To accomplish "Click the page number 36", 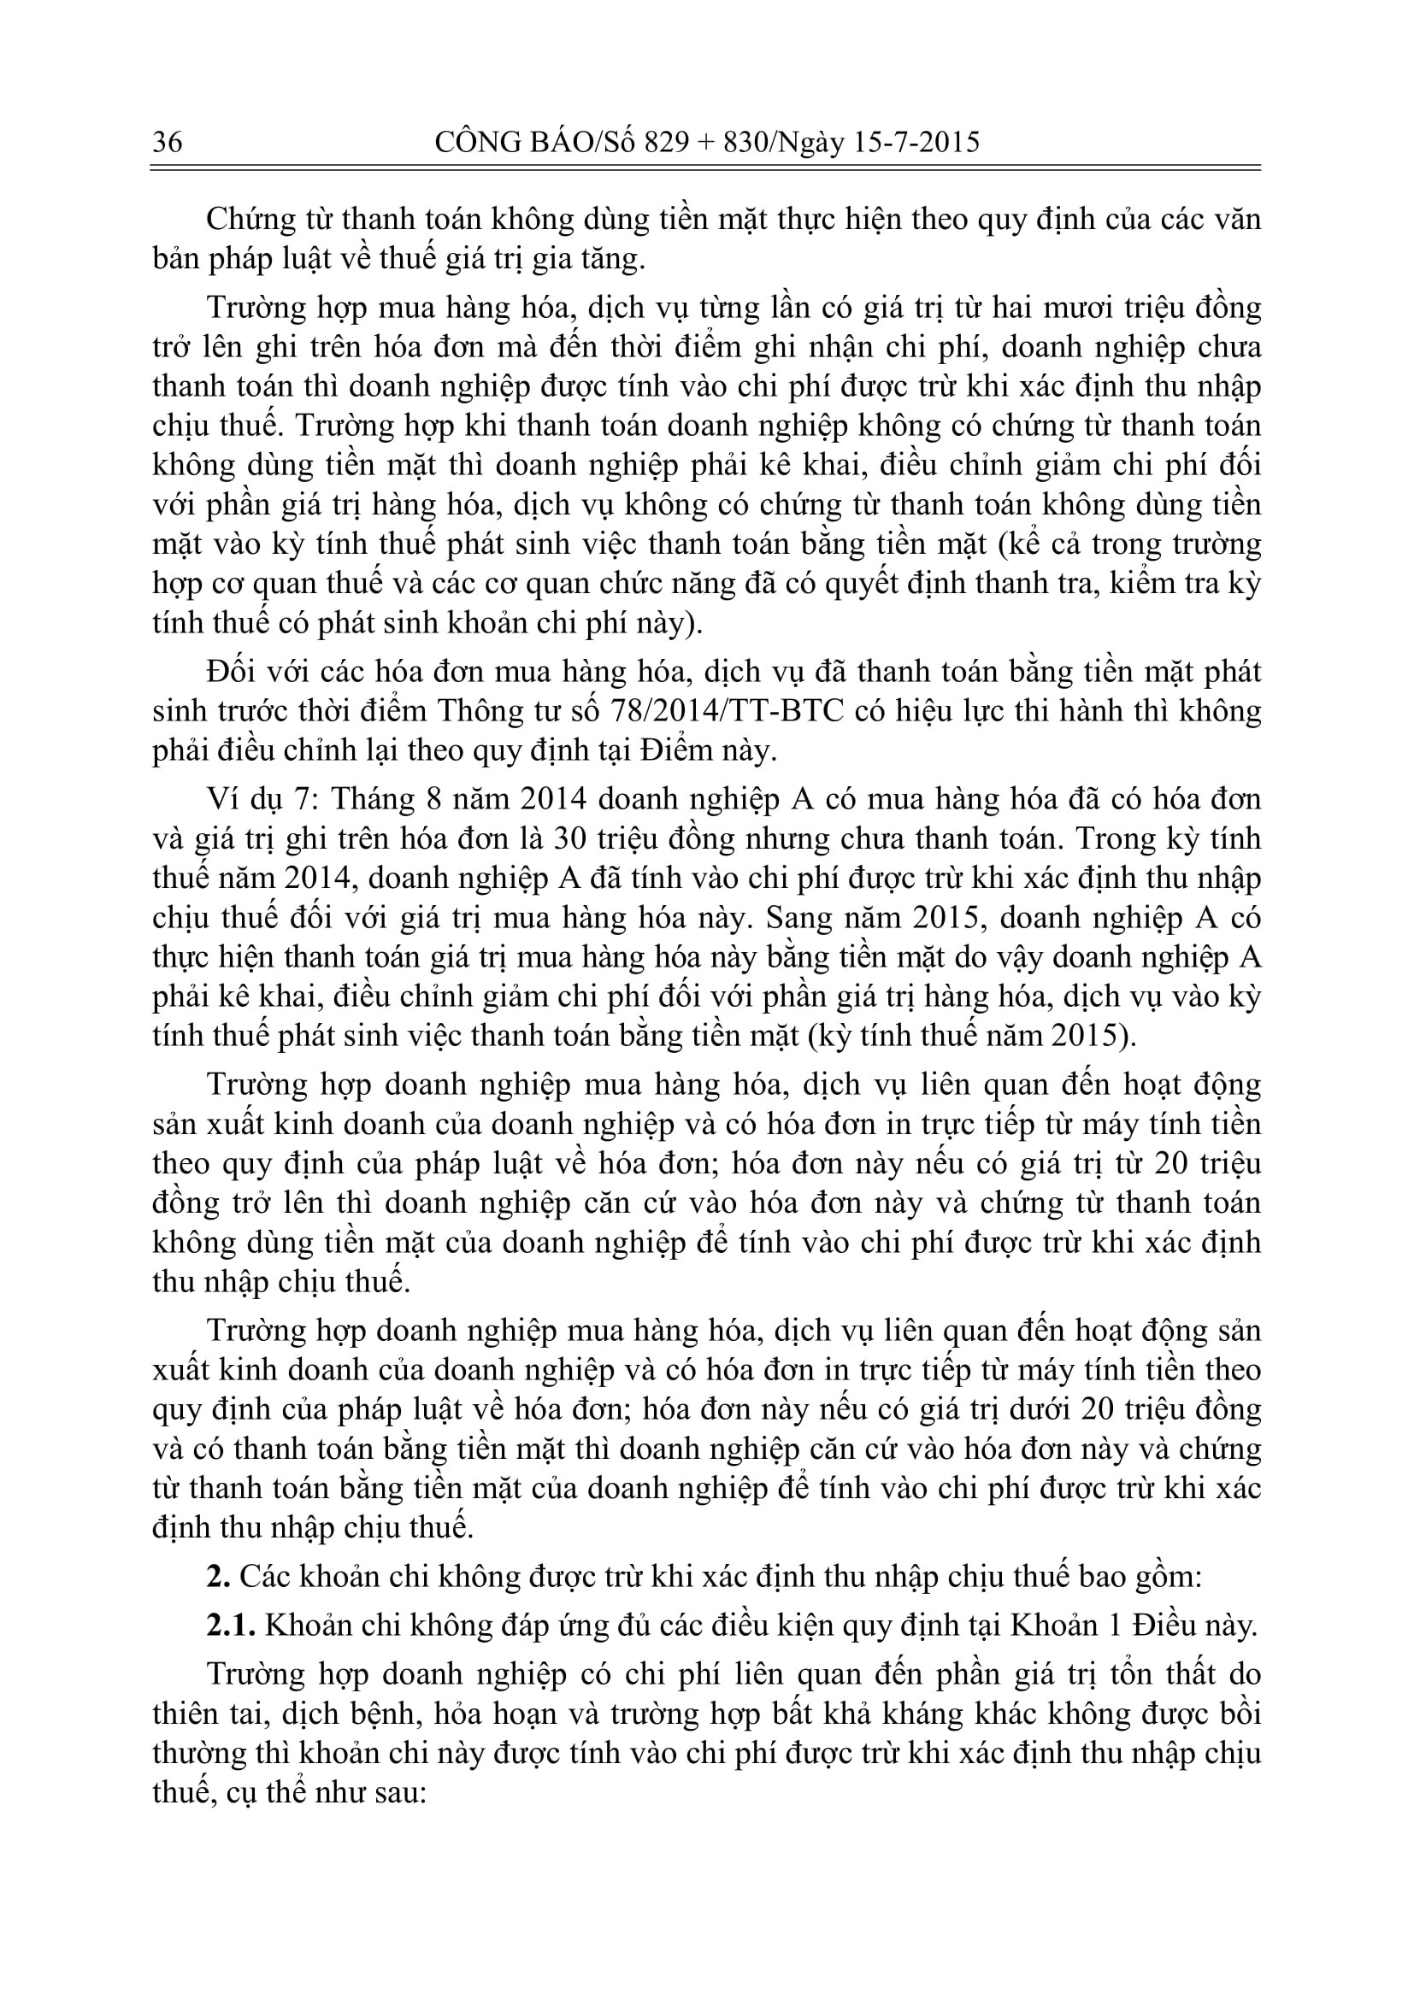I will coord(168,142).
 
